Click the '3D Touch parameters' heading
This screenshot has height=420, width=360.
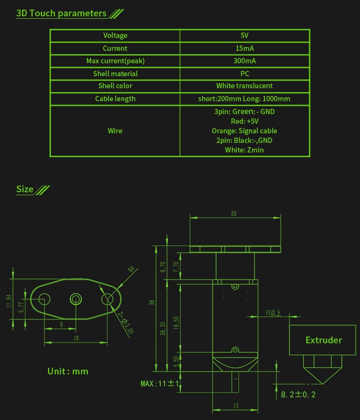61,13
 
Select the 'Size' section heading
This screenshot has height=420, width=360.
25,189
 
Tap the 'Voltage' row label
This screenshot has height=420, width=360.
115,35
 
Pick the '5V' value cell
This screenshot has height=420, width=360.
245,35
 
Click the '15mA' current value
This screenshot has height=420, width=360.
245,48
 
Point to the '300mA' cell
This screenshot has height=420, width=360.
245,61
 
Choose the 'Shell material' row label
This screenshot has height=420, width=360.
115,74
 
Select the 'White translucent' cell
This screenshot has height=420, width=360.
245,86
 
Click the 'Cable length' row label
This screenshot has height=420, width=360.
115,99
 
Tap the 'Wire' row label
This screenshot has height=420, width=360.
115,131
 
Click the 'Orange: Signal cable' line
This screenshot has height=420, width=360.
245,131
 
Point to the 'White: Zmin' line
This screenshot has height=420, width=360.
245,150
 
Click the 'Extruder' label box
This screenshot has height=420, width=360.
324,340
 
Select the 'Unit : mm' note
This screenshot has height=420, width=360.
68,371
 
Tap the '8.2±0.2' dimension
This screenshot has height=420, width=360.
298,395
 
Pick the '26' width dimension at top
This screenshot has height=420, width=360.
234,214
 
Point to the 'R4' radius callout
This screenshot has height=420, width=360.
131,270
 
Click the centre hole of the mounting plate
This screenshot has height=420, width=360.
76,299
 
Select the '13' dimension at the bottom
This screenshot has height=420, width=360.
235,406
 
